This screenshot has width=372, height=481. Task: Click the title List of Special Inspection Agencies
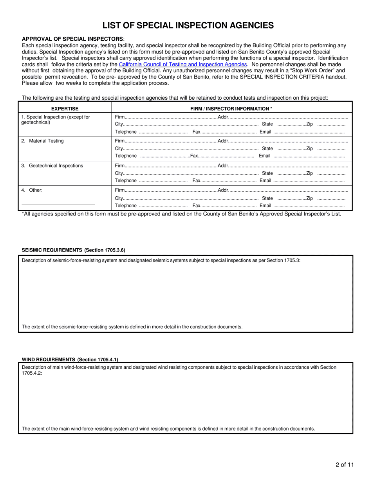pos(188,25)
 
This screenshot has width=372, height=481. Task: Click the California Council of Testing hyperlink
pos(183,64)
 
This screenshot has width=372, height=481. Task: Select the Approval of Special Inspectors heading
pos(72,39)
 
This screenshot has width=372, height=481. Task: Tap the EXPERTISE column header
pos(65,109)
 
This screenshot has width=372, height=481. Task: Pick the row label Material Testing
pos(43,141)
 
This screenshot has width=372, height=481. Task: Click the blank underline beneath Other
pos(58,203)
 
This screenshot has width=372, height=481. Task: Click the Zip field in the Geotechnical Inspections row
pos(331,173)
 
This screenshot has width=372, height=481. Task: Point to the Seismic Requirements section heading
pos(74,250)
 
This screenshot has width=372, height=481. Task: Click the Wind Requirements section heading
pos(70,359)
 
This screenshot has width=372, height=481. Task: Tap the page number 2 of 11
pos(345,465)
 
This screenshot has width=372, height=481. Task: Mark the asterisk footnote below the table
pos(182,214)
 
